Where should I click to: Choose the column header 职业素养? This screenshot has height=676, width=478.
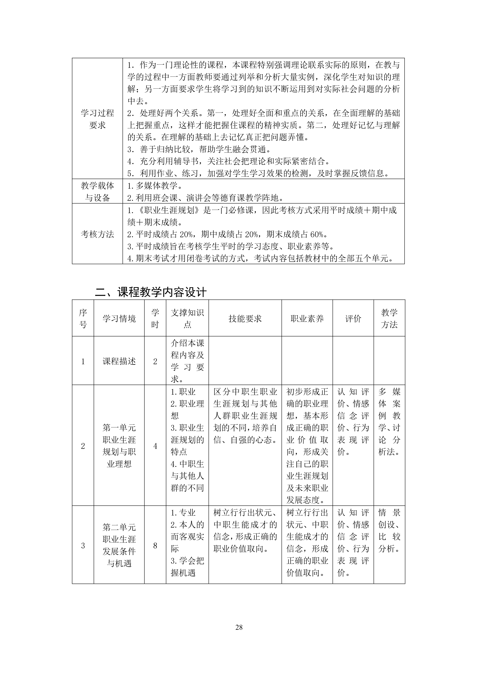pyautogui.click(x=307, y=318)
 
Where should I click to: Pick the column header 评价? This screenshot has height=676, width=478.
pyautogui.click(x=353, y=318)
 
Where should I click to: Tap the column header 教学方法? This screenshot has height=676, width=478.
pyautogui.click(x=389, y=318)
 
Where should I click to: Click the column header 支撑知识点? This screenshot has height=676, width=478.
pyautogui.click(x=187, y=318)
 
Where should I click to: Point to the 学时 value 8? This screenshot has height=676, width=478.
pyautogui.click(x=155, y=546)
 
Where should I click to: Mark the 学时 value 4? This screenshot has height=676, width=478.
pyautogui.click(x=155, y=446)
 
